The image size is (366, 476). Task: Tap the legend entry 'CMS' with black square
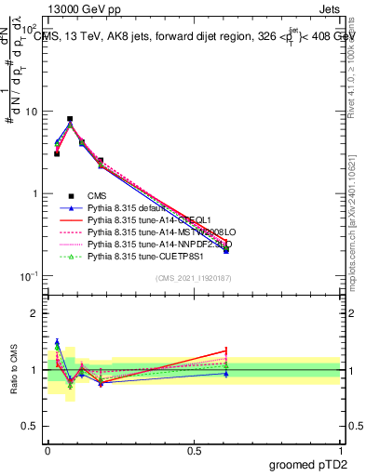(93, 195)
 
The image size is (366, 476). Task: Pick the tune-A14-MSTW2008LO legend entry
(149, 231)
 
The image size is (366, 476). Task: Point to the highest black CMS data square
(70, 119)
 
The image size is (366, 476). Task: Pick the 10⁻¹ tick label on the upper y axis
(28, 276)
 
